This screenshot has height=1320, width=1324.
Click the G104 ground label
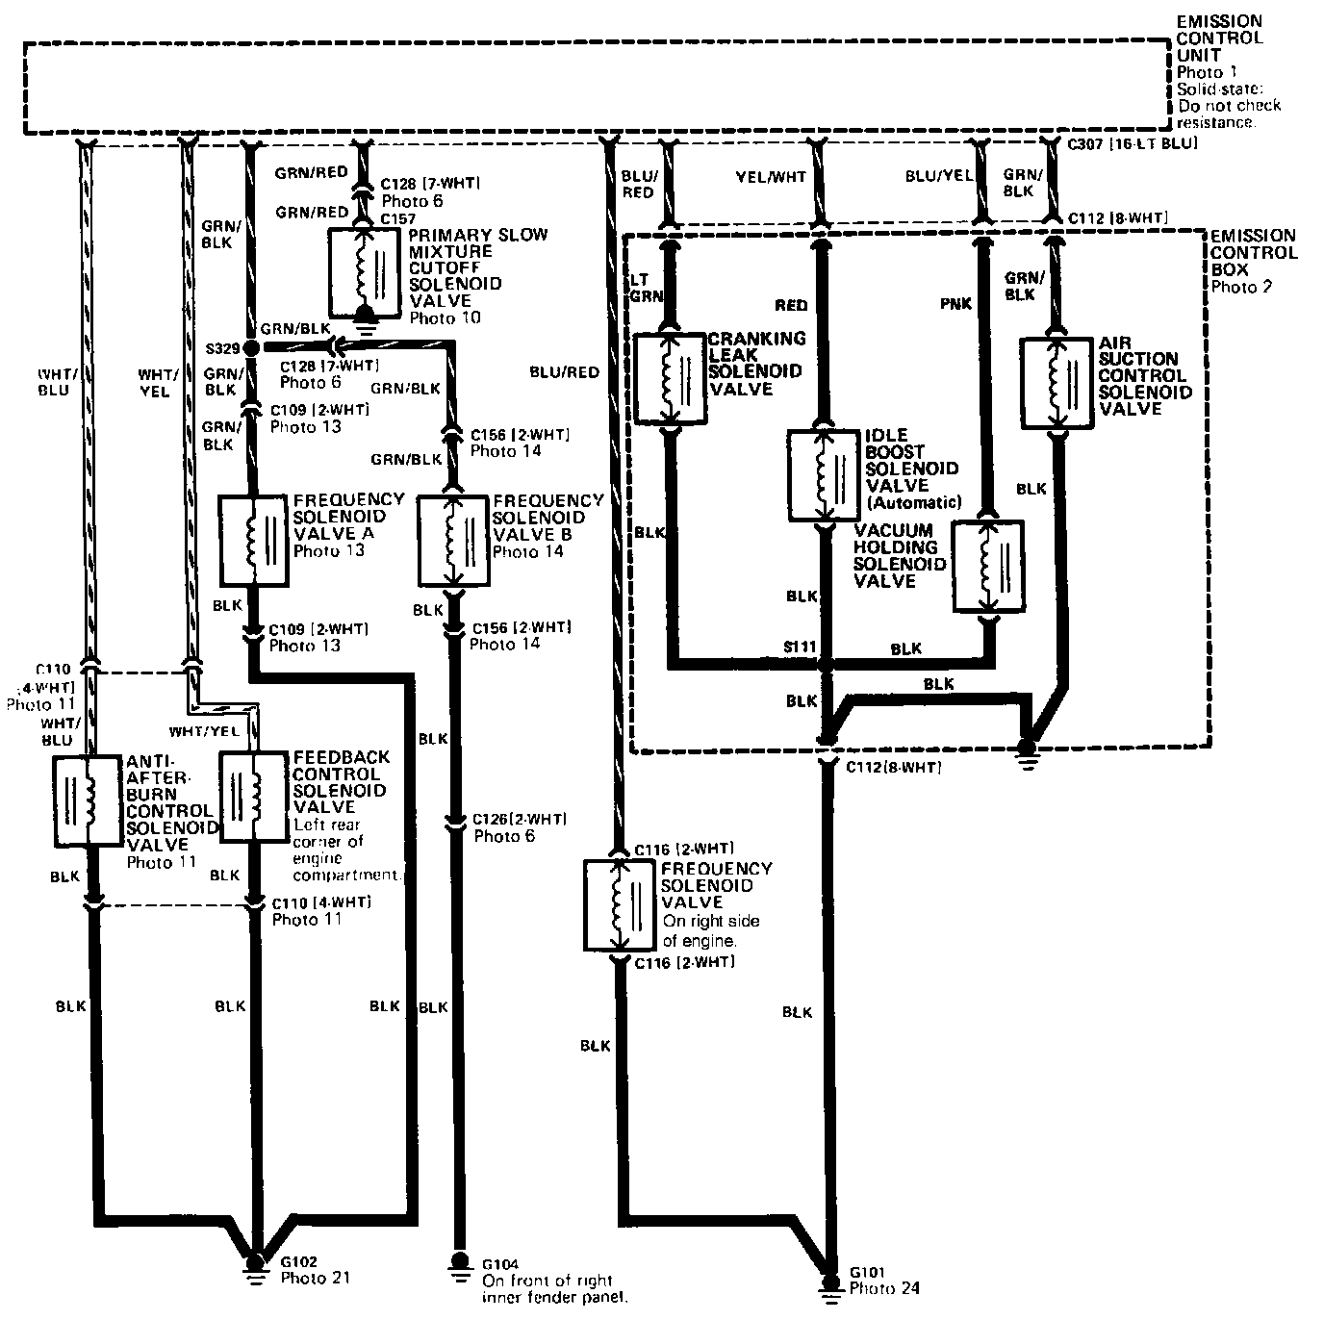click(499, 1263)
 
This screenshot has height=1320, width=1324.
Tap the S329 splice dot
click(251, 347)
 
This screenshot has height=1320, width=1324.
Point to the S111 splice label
click(799, 647)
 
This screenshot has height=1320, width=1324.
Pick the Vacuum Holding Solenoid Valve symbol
click(988, 566)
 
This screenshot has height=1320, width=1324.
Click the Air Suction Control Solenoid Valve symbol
click(1056, 383)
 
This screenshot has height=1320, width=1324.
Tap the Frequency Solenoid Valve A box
click(252, 540)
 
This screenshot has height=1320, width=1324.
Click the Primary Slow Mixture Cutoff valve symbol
click(365, 272)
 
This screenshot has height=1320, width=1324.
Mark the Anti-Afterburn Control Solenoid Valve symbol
click(88, 800)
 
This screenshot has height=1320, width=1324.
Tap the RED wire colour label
click(791, 305)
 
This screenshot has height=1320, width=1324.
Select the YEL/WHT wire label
click(771, 176)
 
